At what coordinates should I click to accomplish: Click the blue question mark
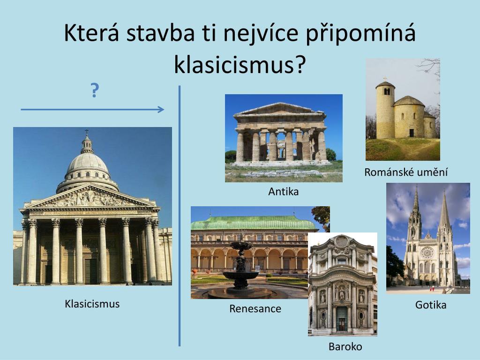(x=95, y=90)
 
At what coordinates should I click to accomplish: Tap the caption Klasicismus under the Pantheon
(x=92, y=304)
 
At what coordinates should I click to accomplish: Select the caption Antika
(x=284, y=191)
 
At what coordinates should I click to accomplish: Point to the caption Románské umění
(x=406, y=172)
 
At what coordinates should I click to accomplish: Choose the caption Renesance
(x=255, y=308)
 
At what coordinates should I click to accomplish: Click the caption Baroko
(x=345, y=346)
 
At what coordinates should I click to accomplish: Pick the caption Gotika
(x=431, y=305)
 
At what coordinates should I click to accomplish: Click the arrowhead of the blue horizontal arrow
(x=161, y=110)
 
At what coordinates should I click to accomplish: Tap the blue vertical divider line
(x=180, y=216)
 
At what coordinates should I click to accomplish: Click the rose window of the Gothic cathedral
(x=427, y=253)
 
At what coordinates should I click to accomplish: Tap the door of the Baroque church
(x=342, y=318)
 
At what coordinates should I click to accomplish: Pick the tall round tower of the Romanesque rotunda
(x=385, y=110)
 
